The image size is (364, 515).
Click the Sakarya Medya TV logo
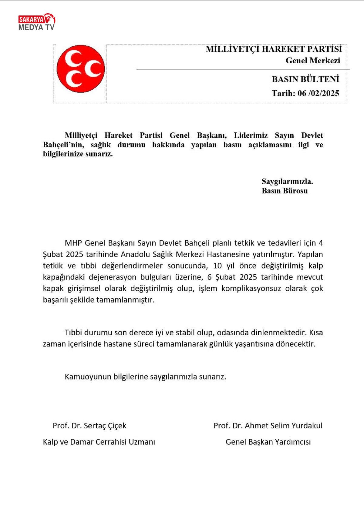coord(37,22)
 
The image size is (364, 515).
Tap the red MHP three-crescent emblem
coord(81,69)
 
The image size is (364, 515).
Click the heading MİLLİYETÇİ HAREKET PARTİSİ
coord(274,49)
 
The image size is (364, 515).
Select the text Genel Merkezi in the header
coord(313,61)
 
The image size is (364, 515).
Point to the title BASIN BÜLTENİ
coord(305,79)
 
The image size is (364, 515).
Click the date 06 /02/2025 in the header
coord(318,93)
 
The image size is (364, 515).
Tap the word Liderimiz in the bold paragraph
coord(251,135)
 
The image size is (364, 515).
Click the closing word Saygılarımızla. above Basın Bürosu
coord(287,181)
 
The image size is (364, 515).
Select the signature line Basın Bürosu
coord(285,191)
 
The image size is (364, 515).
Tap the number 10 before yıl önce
coord(217,266)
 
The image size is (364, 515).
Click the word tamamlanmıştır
coord(125,300)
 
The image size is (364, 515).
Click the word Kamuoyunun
coord(88,377)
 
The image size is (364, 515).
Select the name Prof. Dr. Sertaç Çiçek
coord(89,426)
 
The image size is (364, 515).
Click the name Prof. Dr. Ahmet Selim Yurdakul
coord(268,426)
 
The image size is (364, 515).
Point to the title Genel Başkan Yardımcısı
coord(268,442)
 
